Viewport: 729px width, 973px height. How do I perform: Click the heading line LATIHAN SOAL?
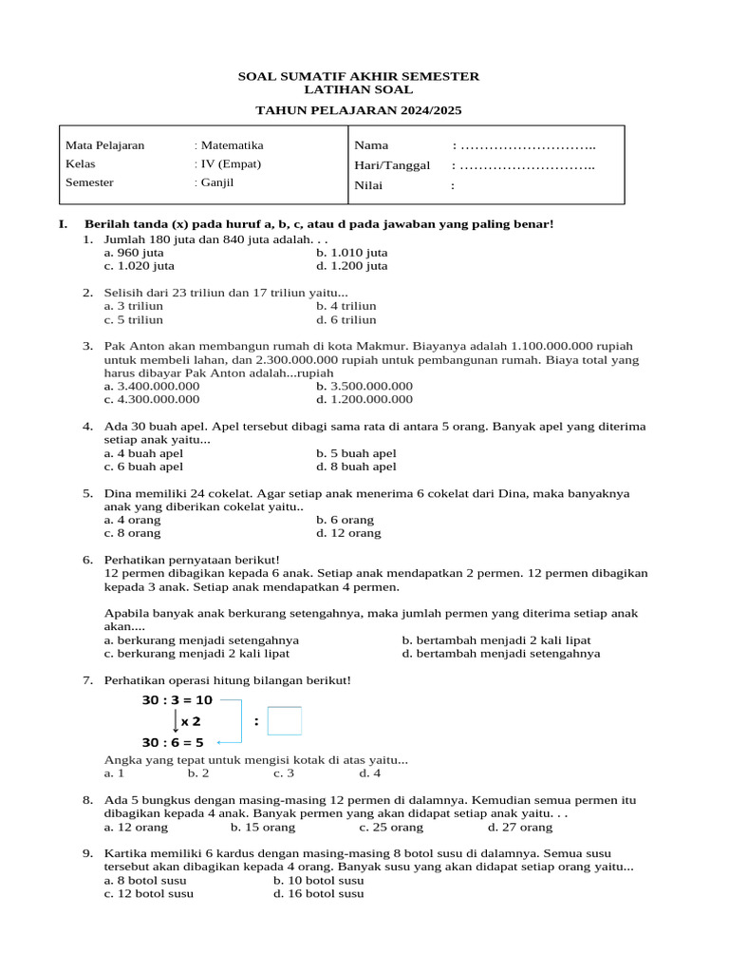pos(358,89)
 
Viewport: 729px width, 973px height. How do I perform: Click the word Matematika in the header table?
pos(232,145)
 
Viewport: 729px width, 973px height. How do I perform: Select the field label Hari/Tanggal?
pos(392,165)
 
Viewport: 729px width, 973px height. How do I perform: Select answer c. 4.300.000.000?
pos(151,400)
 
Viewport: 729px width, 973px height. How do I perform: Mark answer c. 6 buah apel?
pos(143,467)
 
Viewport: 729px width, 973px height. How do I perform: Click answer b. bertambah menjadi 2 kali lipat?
pos(496,640)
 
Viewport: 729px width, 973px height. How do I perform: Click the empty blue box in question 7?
pos(285,721)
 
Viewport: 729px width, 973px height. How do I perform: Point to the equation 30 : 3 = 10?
pos(177,700)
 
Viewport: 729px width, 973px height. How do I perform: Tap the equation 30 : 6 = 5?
pos(173,742)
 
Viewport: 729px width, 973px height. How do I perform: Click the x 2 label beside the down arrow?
pos(191,721)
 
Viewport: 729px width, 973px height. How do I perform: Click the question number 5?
pos(87,493)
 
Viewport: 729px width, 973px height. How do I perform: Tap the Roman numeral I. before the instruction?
pos(63,224)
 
